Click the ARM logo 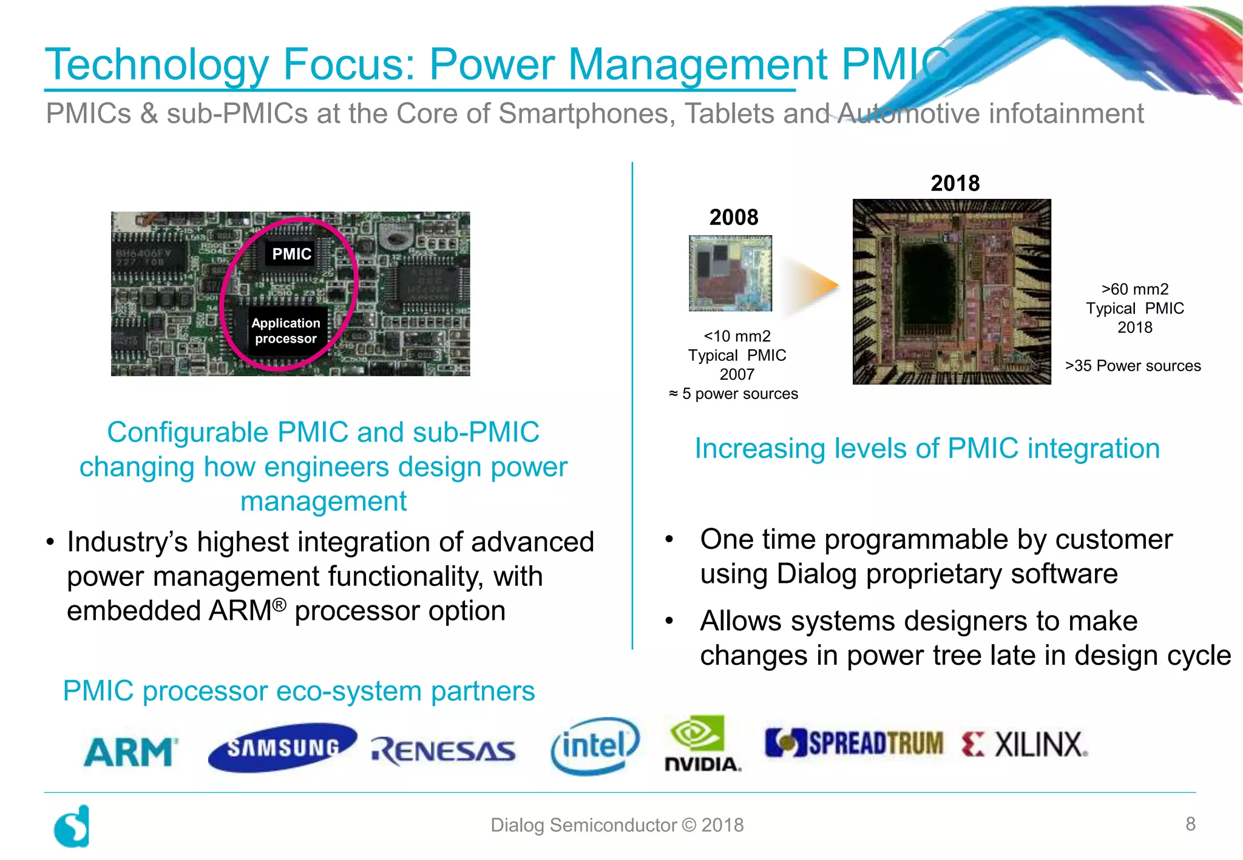pos(130,752)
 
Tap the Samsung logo pos(282,747)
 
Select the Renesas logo pos(444,751)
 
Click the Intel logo pos(595,746)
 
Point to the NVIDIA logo pos(703,744)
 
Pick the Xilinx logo pos(1025,745)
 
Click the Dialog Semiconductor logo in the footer pos(72,826)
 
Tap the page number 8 pos(1190,824)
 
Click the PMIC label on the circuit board pos(291,254)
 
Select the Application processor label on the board pos(286,331)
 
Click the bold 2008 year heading pos(734,217)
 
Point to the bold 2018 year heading pos(955,183)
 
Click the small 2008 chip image pos(730,274)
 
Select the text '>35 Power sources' pos(1133,366)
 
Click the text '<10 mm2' pos(737,336)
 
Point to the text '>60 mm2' pos(1135,289)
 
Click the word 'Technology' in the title pos(157,64)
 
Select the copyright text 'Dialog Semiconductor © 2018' pos(617,825)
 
